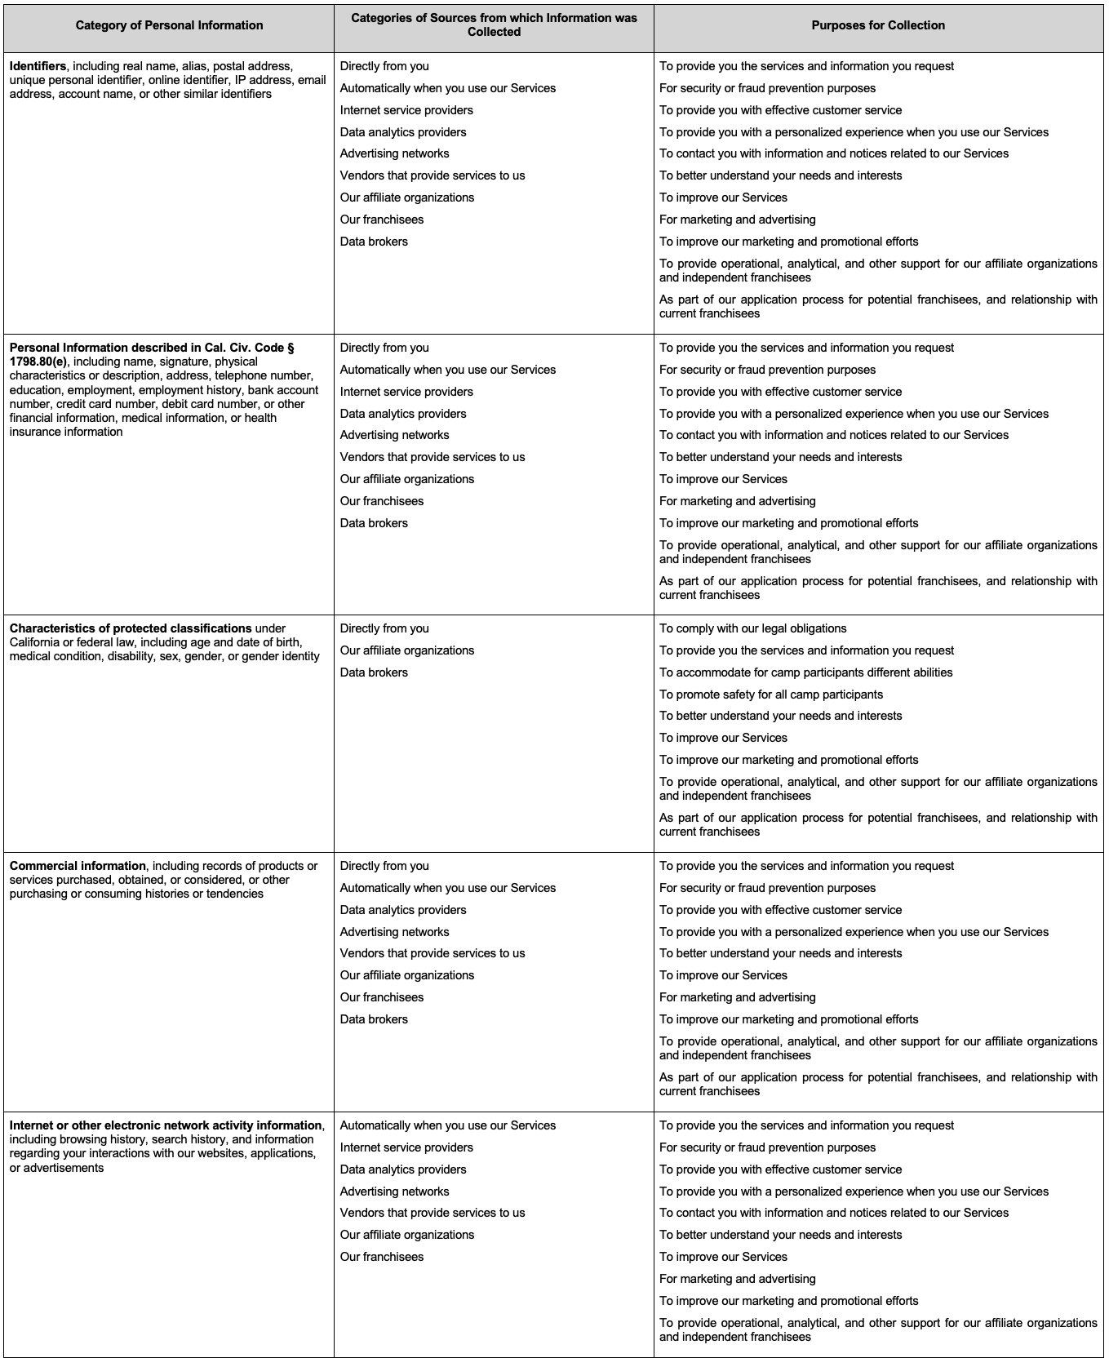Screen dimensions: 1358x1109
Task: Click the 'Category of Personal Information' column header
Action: tap(169, 25)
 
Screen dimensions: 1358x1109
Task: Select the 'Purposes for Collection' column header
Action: tap(878, 25)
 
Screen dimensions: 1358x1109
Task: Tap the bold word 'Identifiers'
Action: tap(38, 66)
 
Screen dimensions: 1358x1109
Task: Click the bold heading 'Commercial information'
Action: tap(78, 866)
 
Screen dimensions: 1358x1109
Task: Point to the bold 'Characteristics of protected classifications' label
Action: tap(131, 628)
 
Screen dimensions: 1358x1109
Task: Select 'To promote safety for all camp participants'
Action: tap(770, 695)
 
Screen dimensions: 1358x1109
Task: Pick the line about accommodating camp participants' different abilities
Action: tap(805, 672)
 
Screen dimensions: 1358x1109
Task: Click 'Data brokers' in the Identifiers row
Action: tap(374, 242)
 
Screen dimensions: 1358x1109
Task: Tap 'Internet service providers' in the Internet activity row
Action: tap(406, 1147)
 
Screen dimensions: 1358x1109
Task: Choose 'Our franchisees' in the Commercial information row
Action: tap(382, 997)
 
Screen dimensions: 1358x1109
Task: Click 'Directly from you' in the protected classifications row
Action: tap(384, 628)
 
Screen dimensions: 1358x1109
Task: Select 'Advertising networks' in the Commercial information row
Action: tap(394, 932)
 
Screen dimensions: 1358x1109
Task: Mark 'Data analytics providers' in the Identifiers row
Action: tap(403, 132)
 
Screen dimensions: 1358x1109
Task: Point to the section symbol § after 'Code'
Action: tap(291, 348)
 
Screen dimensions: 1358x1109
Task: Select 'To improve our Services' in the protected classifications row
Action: tap(723, 738)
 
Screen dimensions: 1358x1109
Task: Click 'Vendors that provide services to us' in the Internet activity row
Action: tap(433, 1213)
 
